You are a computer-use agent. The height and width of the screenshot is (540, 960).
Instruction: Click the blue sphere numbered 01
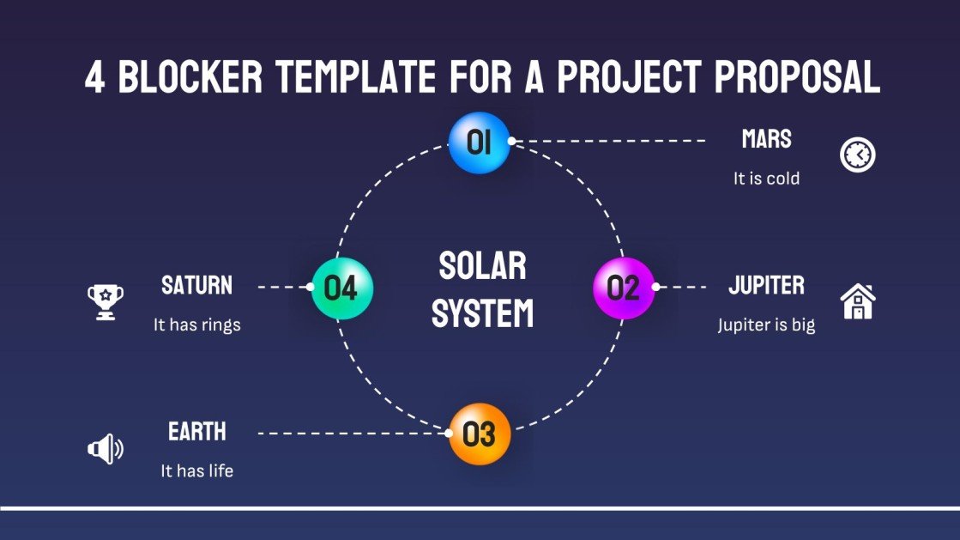[x=480, y=143]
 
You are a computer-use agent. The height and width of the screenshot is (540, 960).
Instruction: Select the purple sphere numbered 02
[x=624, y=288]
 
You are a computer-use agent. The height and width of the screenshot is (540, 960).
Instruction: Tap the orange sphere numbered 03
[x=480, y=434]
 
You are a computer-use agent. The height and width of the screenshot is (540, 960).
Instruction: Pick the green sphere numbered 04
[x=341, y=288]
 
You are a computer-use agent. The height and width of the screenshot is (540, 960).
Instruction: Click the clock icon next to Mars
[x=857, y=155]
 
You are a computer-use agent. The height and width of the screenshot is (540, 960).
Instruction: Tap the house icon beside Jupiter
[x=857, y=301]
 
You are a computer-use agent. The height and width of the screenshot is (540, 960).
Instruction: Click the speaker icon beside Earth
[x=105, y=448]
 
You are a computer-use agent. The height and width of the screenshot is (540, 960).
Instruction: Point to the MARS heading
[x=766, y=139]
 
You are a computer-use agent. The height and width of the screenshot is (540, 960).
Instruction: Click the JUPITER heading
[x=766, y=285]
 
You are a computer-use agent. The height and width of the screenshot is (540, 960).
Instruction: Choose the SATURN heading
[x=196, y=285]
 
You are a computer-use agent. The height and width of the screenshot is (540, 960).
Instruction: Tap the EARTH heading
[x=196, y=431]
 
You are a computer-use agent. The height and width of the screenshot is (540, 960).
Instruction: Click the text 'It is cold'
[x=766, y=179]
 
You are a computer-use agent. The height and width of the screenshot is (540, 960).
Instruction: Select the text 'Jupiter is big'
[x=766, y=325]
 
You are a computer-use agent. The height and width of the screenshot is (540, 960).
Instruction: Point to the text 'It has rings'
[x=196, y=325]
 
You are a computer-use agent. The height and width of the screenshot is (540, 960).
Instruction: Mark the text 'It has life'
[x=196, y=471]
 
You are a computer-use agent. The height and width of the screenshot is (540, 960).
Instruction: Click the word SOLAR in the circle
[x=482, y=266]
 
